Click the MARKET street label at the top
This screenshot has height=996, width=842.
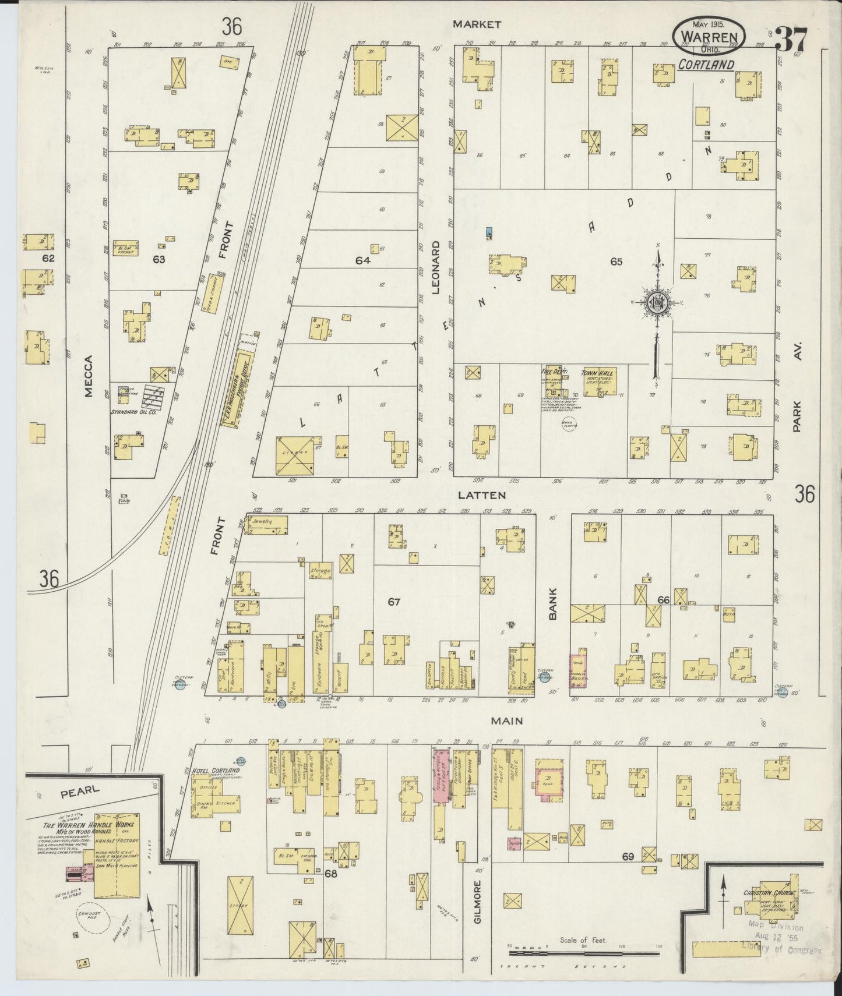(x=477, y=24)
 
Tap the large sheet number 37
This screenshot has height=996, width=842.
(x=791, y=41)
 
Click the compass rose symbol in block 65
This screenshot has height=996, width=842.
(x=657, y=303)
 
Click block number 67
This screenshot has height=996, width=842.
(x=394, y=602)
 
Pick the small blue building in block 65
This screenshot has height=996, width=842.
(x=489, y=232)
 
